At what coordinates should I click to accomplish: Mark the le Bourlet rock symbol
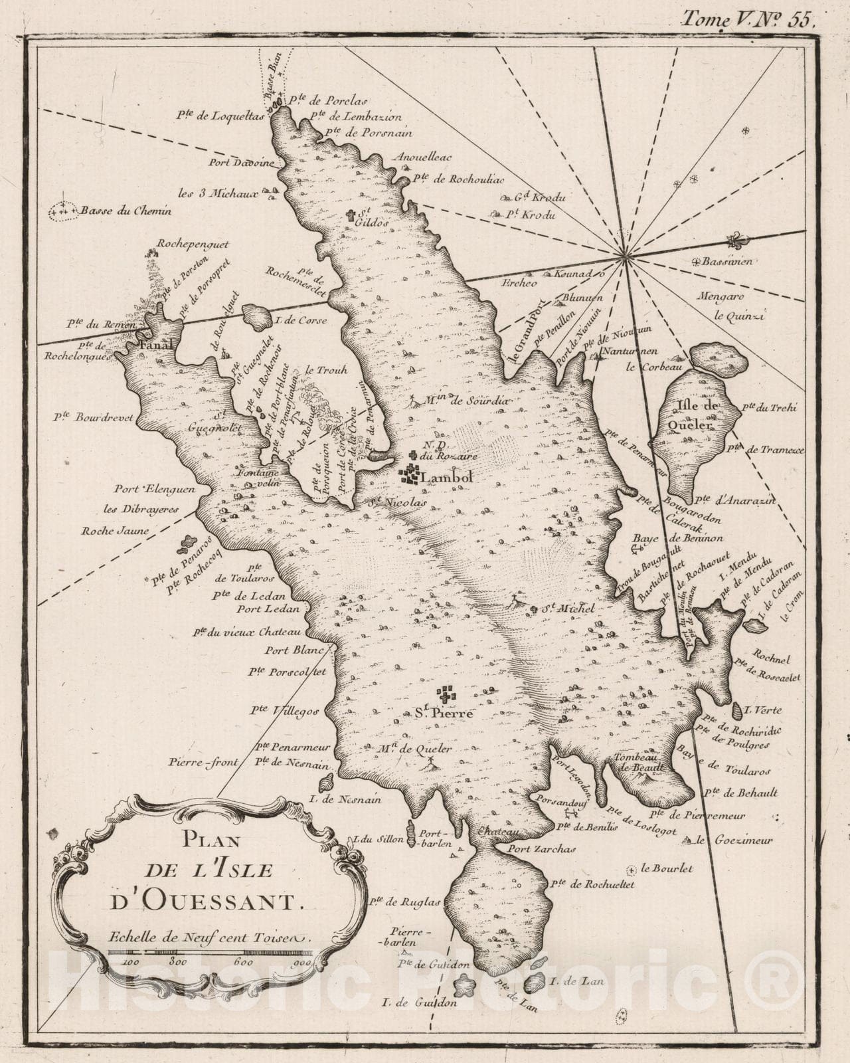pos(632,868)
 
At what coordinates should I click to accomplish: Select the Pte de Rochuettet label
pos(593,884)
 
